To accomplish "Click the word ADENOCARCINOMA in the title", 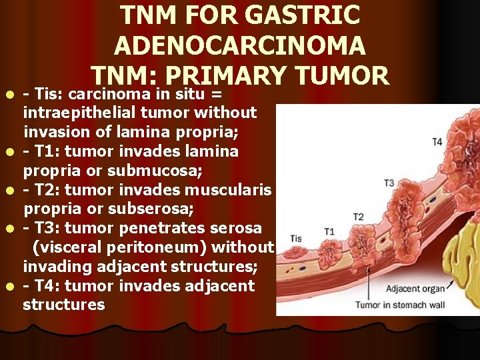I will pyautogui.click(x=240, y=45).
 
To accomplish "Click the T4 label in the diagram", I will pyautogui.click(x=437, y=141).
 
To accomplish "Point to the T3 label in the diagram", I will pyautogui.click(x=389, y=183).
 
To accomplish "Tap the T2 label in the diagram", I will pyautogui.click(x=358, y=217).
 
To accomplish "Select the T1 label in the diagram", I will pyautogui.click(x=329, y=231).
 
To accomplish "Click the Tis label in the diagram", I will pyautogui.click(x=295, y=239).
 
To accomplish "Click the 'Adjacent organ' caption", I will pyautogui.click(x=417, y=289).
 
